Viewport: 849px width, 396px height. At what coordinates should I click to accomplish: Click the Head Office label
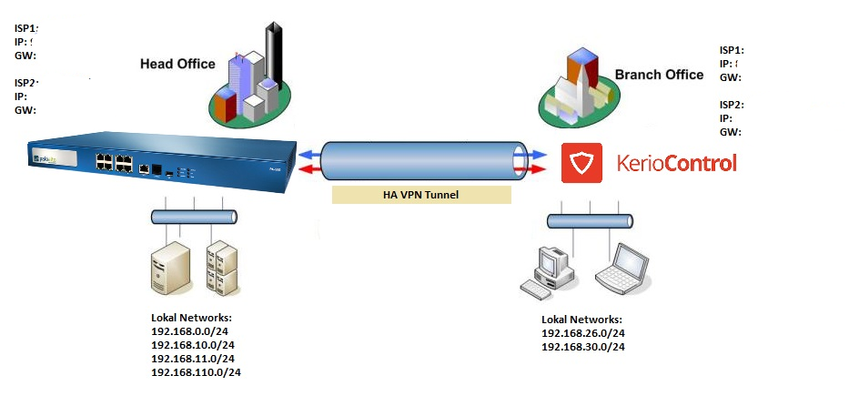point(177,64)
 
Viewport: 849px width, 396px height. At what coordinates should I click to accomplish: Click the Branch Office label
point(659,75)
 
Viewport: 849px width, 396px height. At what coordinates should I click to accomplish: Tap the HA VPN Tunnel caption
point(421,194)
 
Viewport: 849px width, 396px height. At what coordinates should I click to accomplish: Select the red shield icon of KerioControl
point(581,163)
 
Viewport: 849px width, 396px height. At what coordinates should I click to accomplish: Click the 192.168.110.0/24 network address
point(196,372)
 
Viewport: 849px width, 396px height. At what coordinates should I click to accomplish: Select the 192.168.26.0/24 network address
point(582,333)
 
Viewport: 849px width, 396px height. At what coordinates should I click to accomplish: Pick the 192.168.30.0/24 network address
point(582,347)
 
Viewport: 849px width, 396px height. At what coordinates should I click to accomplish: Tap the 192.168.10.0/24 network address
point(192,345)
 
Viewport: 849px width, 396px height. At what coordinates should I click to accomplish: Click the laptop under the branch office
point(622,267)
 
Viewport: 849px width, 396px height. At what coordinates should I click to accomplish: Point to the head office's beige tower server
point(169,271)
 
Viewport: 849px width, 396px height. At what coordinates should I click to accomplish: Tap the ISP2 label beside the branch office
point(732,105)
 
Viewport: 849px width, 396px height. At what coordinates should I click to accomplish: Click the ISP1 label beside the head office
point(26,28)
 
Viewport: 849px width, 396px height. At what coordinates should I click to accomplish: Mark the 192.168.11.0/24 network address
point(192,359)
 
